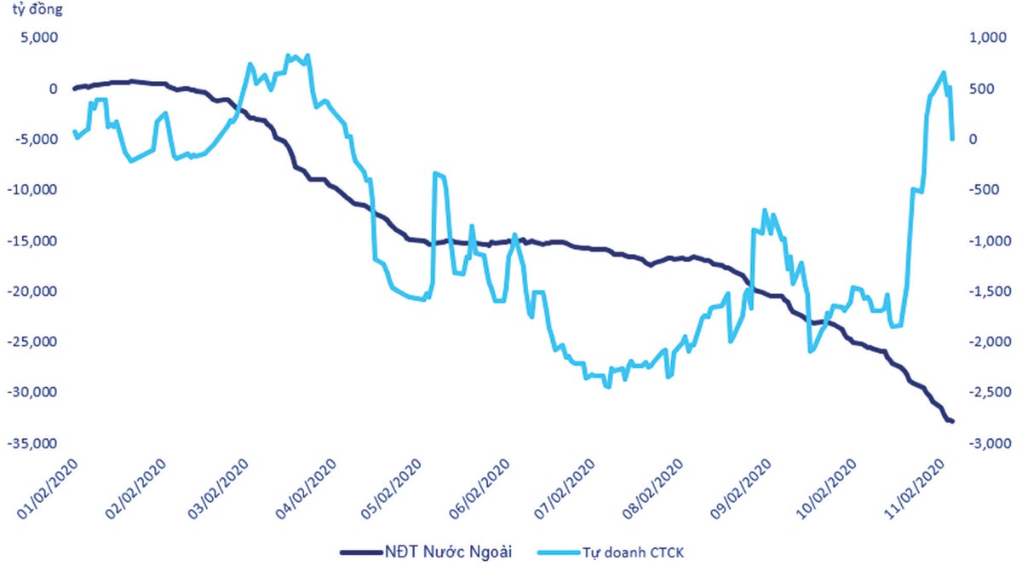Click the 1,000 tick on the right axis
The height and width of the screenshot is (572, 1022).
point(979,38)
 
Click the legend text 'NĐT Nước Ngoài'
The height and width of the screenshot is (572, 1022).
point(443,552)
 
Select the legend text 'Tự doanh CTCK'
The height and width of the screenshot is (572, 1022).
point(632,552)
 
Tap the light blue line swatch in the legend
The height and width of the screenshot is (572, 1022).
point(556,552)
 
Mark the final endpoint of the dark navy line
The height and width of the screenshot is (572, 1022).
point(952,421)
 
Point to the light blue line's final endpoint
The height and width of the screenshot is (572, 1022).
point(952,138)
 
